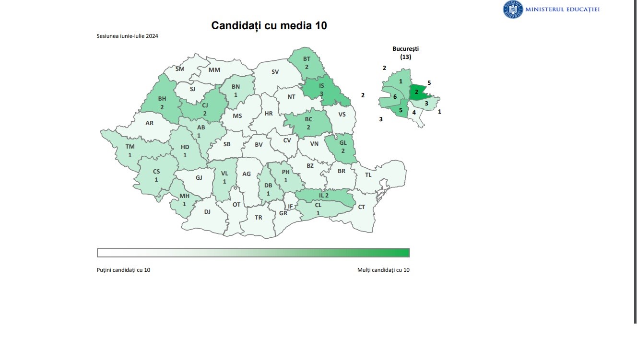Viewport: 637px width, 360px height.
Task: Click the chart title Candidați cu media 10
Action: pyautogui.click(x=269, y=25)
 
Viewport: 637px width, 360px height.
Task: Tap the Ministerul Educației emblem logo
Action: pyautogui.click(x=512, y=10)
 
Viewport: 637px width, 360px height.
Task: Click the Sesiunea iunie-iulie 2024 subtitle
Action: pyautogui.click(x=128, y=36)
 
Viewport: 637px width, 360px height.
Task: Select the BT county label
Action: pyautogui.click(x=307, y=59)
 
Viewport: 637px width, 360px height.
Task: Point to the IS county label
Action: pyautogui.click(x=321, y=86)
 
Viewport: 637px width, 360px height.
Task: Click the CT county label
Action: pyautogui.click(x=362, y=207)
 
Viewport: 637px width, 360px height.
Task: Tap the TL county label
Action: pyautogui.click(x=368, y=175)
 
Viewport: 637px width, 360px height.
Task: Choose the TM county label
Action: pyautogui.click(x=130, y=147)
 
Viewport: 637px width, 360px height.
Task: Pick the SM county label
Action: pyautogui.click(x=180, y=69)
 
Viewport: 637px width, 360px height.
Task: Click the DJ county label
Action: pyautogui.click(x=207, y=211)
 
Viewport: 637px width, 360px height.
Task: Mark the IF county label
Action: pyautogui.click(x=290, y=207)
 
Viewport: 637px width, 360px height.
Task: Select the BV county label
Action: pyautogui.click(x=259, y=144)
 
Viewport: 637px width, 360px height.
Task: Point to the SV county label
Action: pyautogui.click(x=275, y=72)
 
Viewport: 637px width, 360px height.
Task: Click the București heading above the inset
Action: pyautogui.click(x=405, y=49)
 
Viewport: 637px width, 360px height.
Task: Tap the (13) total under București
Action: pyautogui.click(x=405, y=57)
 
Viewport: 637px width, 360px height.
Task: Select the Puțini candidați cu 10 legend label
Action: pyautogui.click(x=123, y=270)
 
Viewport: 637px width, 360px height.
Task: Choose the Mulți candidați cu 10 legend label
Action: pyautogui.click(x=383, y=270)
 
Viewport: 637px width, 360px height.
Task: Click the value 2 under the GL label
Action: pyautogui.click(x=342, y=151)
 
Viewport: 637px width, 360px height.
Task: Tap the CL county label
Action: pyautogui.click(x=318, y=205)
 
